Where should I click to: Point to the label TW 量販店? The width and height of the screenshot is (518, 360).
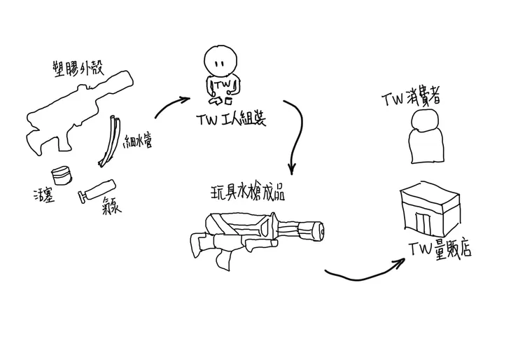click(439, 247)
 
